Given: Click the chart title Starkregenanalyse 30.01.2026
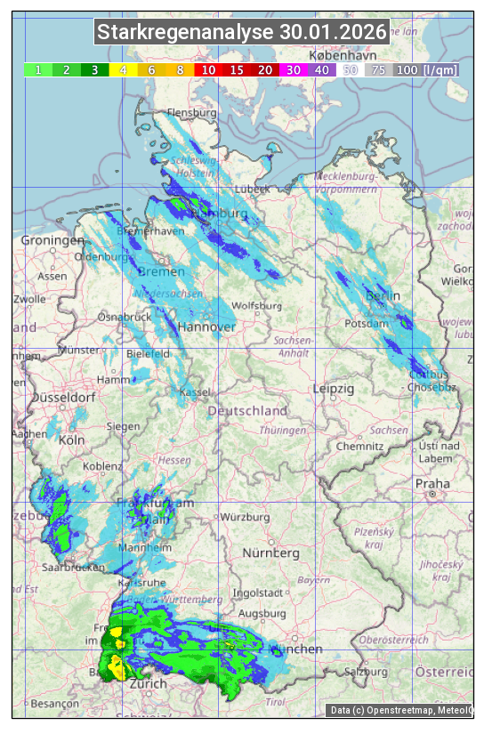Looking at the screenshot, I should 242,33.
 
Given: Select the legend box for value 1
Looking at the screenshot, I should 38,69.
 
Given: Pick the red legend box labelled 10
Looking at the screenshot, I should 208,69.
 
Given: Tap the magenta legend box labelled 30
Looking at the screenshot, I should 294,69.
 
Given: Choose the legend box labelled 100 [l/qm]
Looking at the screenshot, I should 426,69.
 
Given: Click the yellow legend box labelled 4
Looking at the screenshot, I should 124,69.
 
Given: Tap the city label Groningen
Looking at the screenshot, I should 52,241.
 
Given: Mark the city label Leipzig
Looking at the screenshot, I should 334,389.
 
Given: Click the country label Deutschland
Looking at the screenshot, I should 247,411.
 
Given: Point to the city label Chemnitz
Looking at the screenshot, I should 359,446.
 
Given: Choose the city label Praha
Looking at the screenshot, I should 432,483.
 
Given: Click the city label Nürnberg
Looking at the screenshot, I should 271,553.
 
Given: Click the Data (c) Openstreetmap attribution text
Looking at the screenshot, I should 400,710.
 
